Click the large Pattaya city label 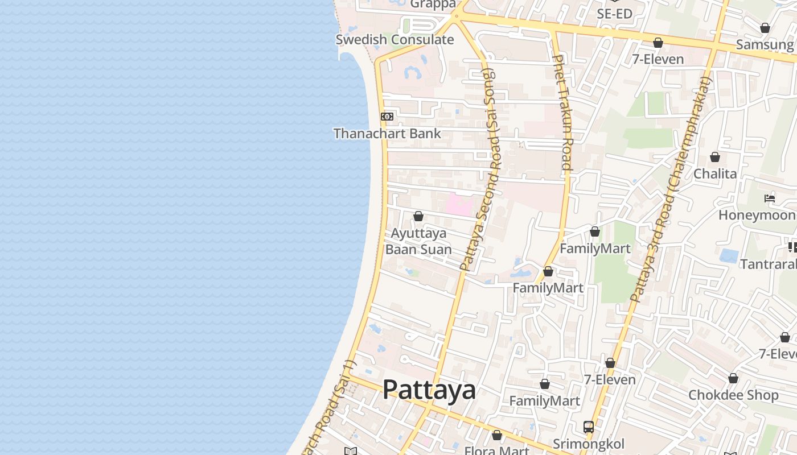click(429, 390)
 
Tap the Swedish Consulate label click(395, 40)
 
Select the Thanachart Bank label click(387, 134)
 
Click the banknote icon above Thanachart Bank click(387, 117)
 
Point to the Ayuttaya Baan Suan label click(418, 242)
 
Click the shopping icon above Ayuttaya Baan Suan click(418, 216)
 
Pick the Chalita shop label click(715, 174)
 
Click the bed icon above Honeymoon click(770, 198)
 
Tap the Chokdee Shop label click(733, 395)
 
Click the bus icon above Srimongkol click(589, 427)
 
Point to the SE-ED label click(614, 14)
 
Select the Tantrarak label click(768, 264)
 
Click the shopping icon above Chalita click(715, 157)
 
